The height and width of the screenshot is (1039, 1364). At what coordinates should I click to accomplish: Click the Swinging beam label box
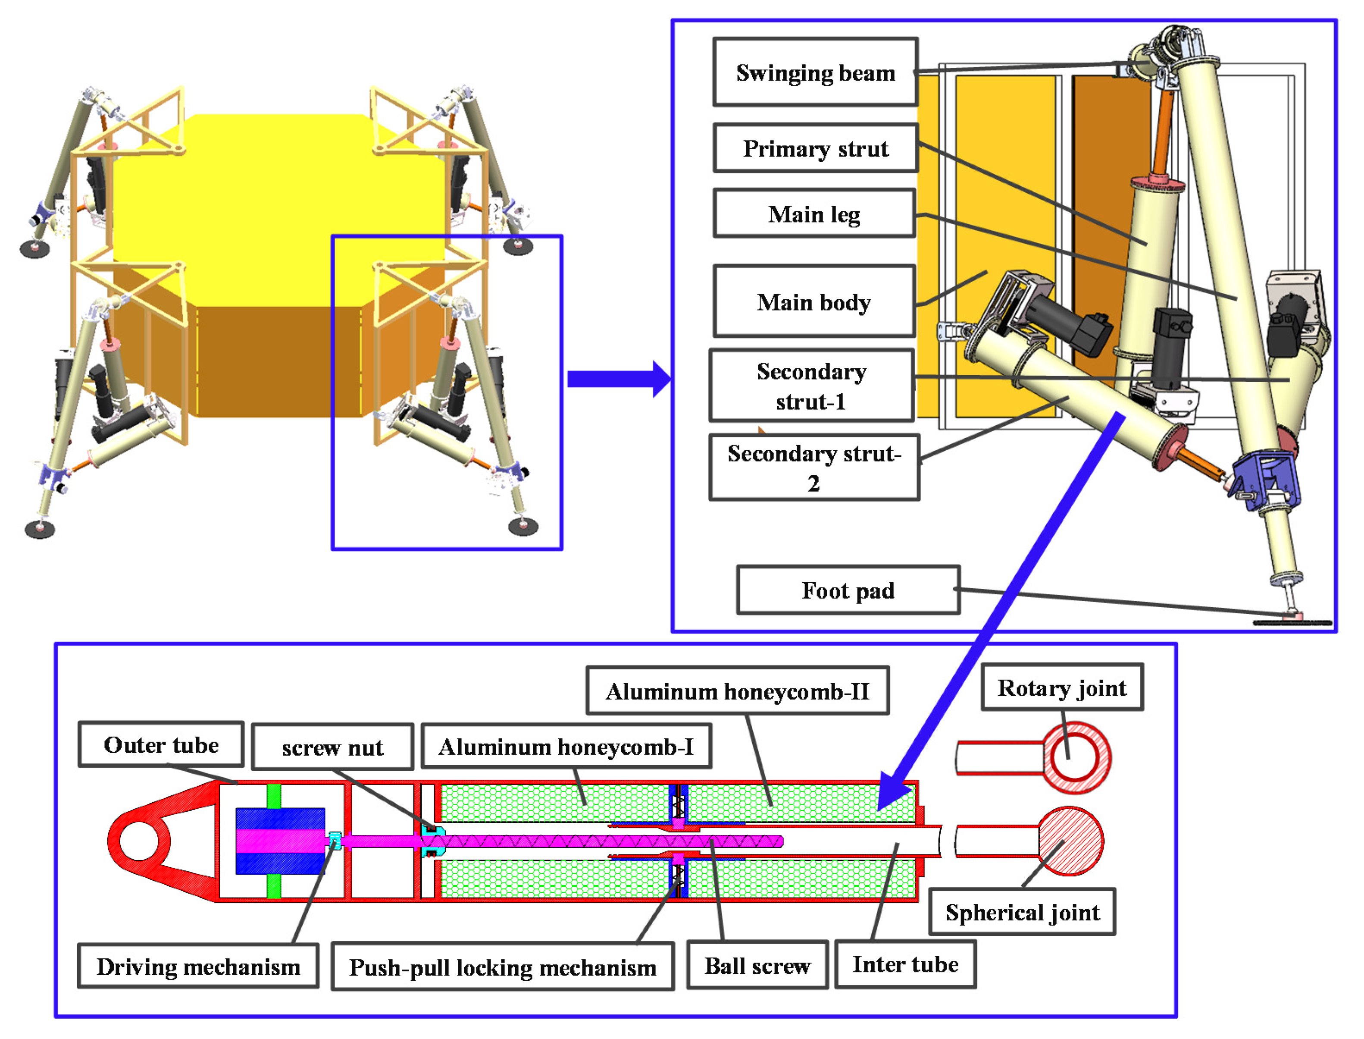pyautogui.click(x=815, y=72)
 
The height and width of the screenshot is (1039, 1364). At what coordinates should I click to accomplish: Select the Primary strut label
pyautogui.click(x=815, y=148)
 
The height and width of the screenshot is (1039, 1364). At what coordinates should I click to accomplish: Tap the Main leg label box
pyautogui.click(x=813, y=214)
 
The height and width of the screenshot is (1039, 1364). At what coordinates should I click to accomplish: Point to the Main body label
pyautogui.click(x=813, y=302)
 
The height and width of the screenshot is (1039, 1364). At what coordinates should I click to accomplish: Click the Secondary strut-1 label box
pyautogui.click(x=811, y=386)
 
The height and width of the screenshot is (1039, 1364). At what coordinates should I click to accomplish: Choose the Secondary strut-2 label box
pyautogui.click(x=813, y=468)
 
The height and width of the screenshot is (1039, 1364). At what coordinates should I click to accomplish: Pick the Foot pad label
pyautogui.click(x=847, y=590)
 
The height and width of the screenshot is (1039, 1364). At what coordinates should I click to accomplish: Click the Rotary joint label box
pyautogui.click(x=1061, y=688)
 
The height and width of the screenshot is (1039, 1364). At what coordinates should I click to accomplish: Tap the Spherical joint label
pyautogui.click(x=1022, y=912)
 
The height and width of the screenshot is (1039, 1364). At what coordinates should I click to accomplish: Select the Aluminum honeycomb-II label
pyautogui.click(x=737, y=691)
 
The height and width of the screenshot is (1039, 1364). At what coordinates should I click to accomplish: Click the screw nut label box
pyautogui.click(x=332, y=747)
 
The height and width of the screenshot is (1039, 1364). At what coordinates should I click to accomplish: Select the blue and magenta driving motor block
pyautogui.click(x=280, y=841)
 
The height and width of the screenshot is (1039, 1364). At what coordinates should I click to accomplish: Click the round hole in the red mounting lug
pyautogui.click(x=138, y=841)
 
